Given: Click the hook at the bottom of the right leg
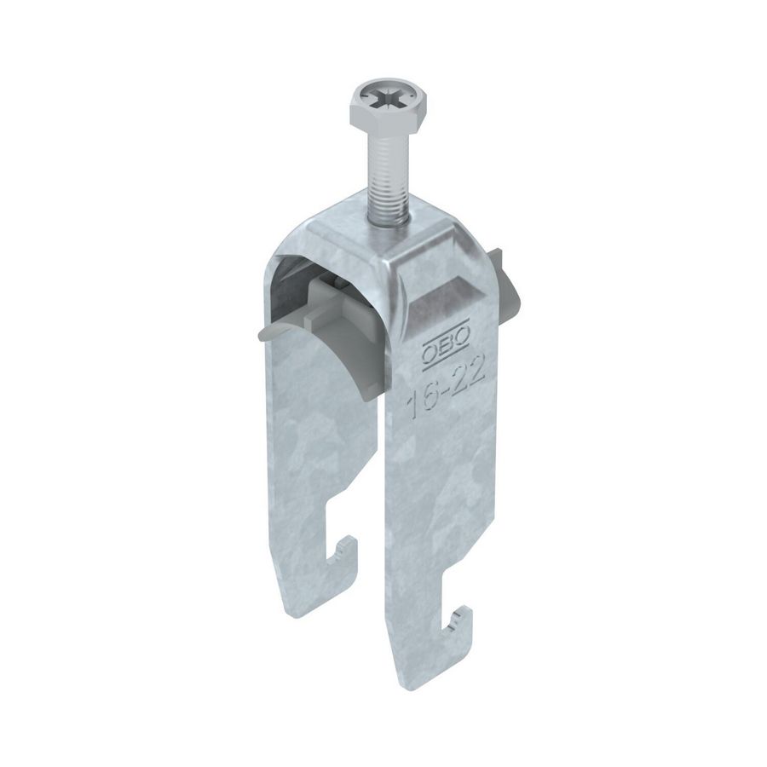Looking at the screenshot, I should point(459,627).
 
